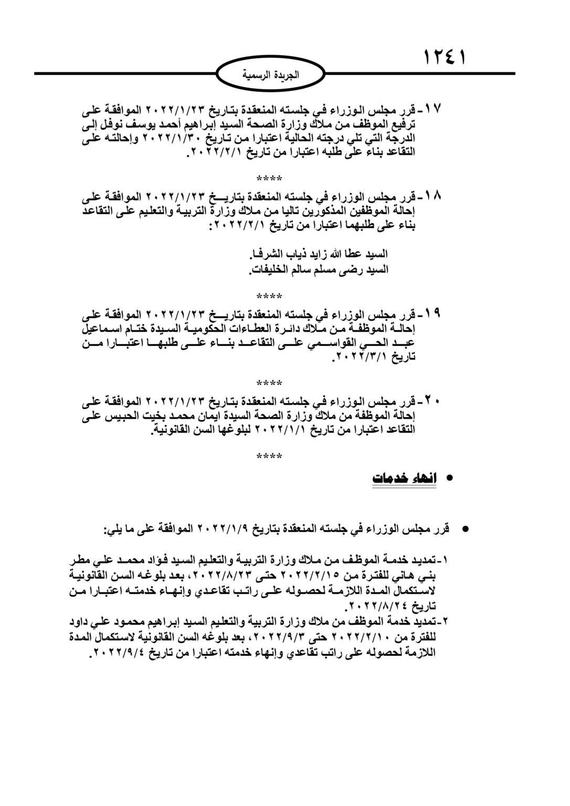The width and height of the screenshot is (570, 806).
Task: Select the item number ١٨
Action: click(x=434, y=197)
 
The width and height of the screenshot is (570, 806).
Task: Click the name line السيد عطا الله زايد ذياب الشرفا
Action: click(x=320, y=254)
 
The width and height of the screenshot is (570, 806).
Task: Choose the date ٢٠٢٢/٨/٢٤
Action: click(x=376, y=606)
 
